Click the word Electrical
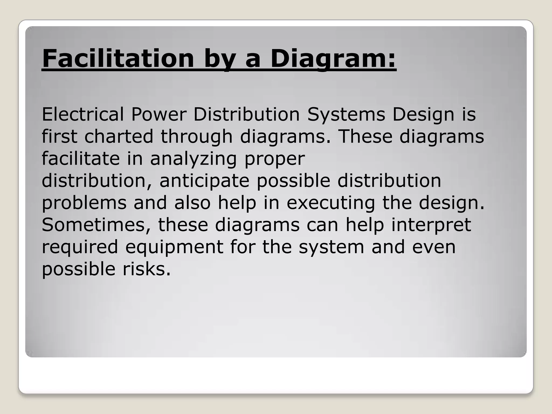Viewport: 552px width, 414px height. (83, 114)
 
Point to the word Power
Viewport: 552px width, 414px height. (159, 114)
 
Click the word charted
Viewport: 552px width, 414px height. (119, 136)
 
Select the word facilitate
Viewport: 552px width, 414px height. (81, 158)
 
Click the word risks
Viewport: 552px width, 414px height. (147, 269)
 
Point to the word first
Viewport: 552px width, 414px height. (60, 136)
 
